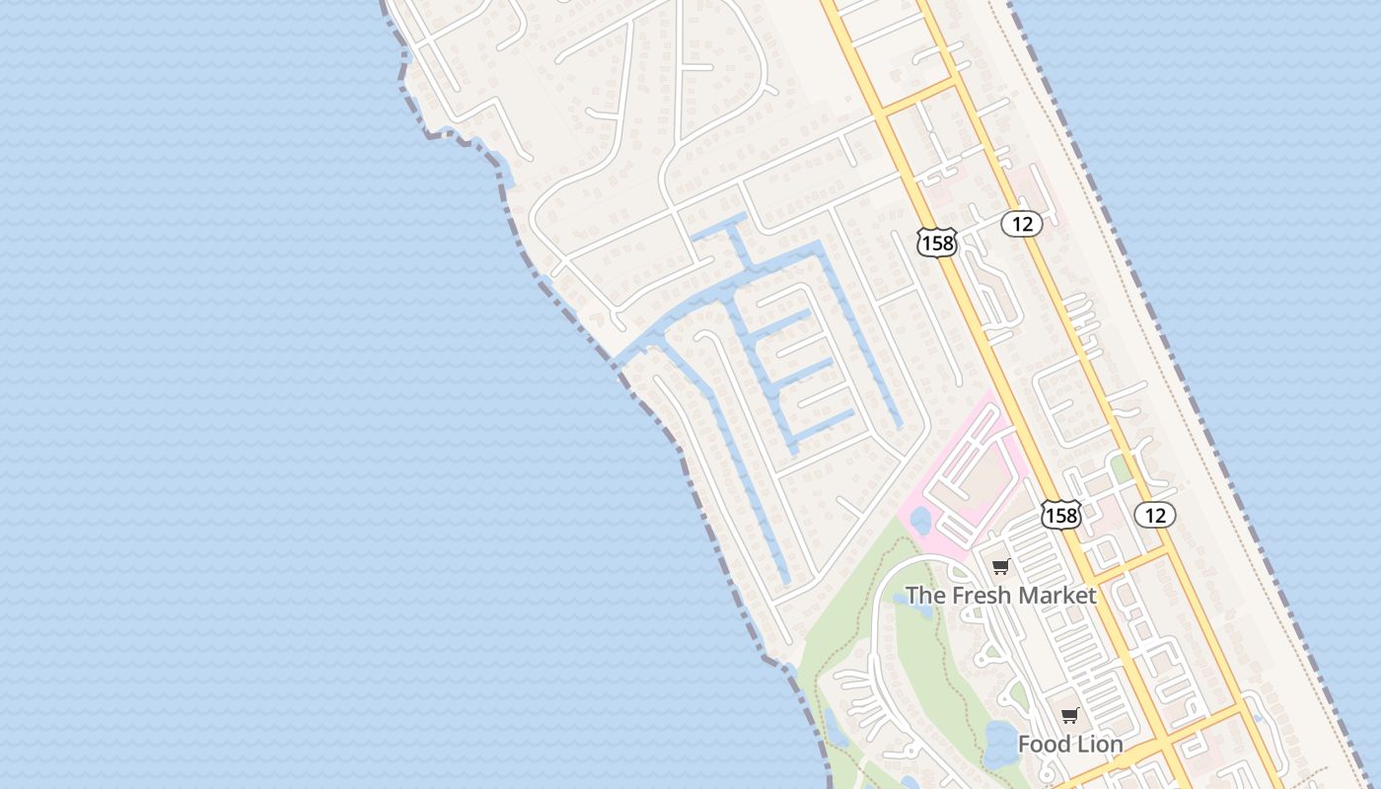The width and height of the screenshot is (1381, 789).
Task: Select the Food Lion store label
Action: pyautogui.click(x=1070, y=744)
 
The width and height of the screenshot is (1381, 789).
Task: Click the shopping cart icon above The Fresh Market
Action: pyautogui.click(x=1001, y=567)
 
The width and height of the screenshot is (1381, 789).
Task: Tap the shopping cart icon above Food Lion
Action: pyautogui.click(x=1070, y=715)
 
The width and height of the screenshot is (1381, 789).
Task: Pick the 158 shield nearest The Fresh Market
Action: pyautogui.click(x=1060, y=514)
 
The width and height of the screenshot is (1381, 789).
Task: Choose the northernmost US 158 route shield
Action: pyautogui.click(x=936, y=242)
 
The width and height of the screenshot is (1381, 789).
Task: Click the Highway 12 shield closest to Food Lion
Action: pyautogui.click(x=1155, y=514)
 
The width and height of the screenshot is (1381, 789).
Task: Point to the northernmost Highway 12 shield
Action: pyautogui.click(x=1022, y=224)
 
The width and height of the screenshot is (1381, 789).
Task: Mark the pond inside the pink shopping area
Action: pyautogui.click(x=920, y=520)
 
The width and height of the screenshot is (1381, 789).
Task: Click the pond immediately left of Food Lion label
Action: pyautogui.click(x=998, y=745)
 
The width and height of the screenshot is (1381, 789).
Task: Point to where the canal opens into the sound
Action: pyautogui.click(x=620, y=357)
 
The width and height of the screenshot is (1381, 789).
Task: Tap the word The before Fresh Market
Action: pyautogui.click(x=925, y=596)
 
